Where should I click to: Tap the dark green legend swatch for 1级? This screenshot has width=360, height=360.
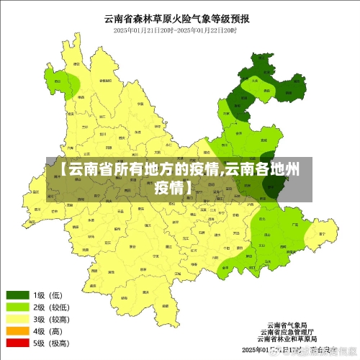18,294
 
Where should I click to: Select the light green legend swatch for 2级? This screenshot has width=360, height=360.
18,307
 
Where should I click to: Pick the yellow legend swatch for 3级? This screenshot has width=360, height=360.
18,319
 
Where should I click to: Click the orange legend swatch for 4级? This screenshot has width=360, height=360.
18,331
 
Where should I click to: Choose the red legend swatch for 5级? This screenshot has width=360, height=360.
18,343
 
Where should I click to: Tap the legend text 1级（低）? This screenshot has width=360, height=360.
50,294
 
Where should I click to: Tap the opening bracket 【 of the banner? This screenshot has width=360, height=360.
63,171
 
